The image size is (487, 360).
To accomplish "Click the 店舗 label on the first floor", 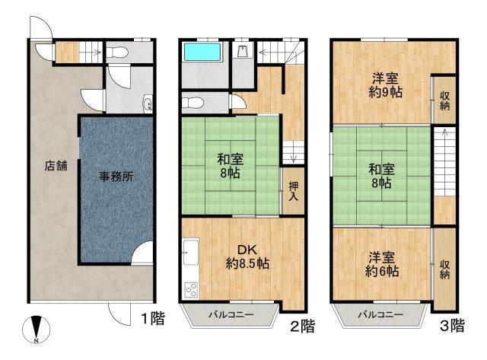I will point(54,164).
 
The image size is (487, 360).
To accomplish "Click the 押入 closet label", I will point(292,190).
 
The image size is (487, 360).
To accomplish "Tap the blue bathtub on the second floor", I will point(203,53).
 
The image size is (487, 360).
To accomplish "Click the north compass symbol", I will point(37,329).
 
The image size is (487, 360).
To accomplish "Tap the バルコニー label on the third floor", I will point(380,314).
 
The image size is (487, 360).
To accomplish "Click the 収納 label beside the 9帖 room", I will point(444,100).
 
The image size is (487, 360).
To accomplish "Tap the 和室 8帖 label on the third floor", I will point(382,175).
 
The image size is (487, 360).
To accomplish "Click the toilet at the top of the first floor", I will point(115,53).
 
